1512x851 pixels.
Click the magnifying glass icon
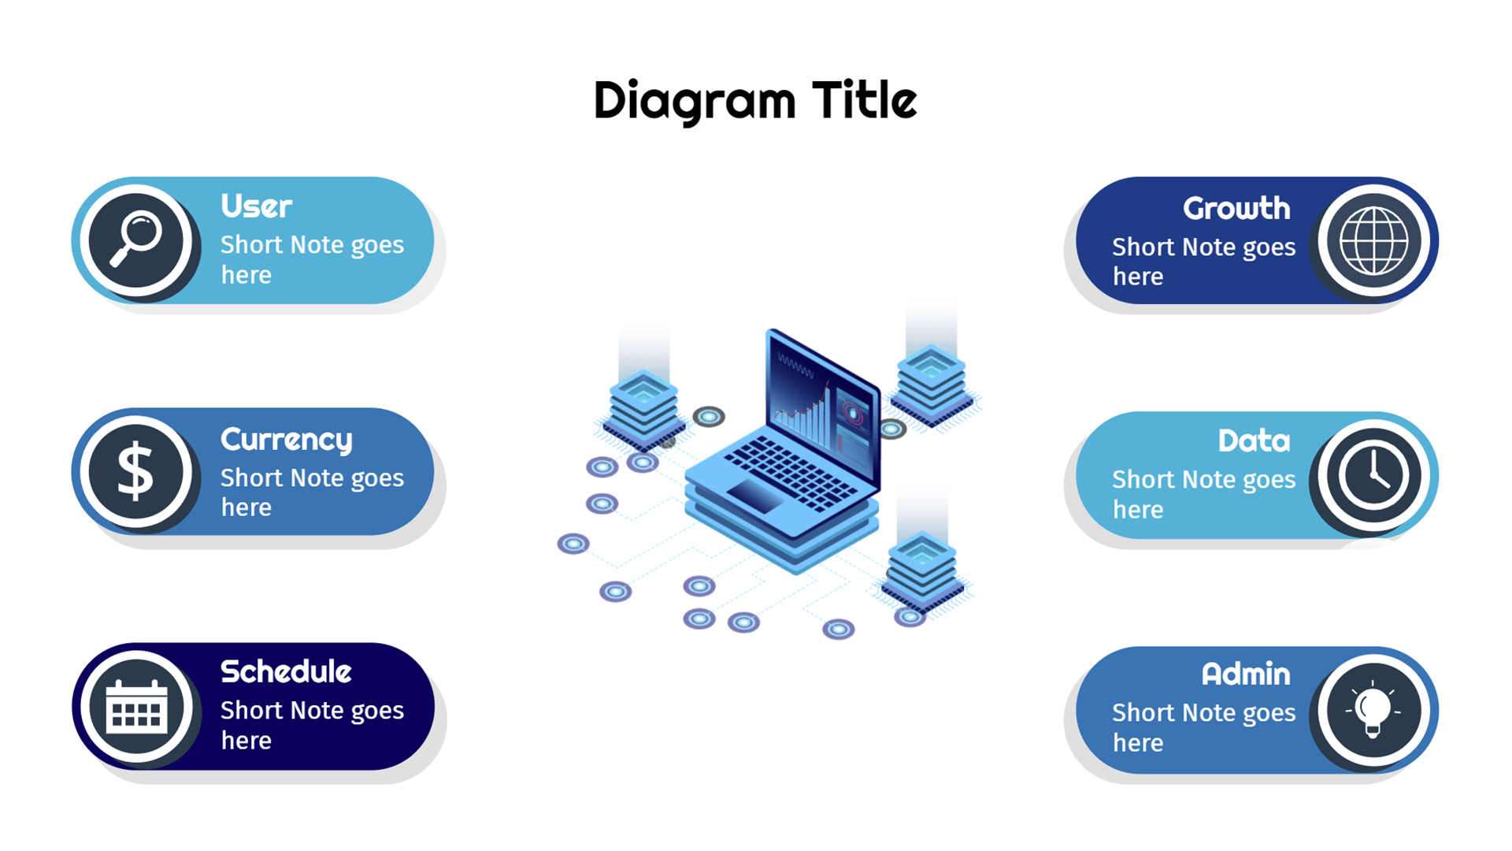135,240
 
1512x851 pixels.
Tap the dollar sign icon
135,471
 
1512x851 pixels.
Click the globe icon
1374,240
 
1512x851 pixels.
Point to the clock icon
1373,475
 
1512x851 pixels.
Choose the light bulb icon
1373,708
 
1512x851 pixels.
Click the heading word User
256,206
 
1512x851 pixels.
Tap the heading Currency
287,440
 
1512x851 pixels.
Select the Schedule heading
286,671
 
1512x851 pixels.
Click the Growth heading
1236,208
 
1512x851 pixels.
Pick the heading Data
1254,440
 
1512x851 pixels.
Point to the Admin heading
1246,674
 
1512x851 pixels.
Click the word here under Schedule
246,741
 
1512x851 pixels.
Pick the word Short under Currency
252,478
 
